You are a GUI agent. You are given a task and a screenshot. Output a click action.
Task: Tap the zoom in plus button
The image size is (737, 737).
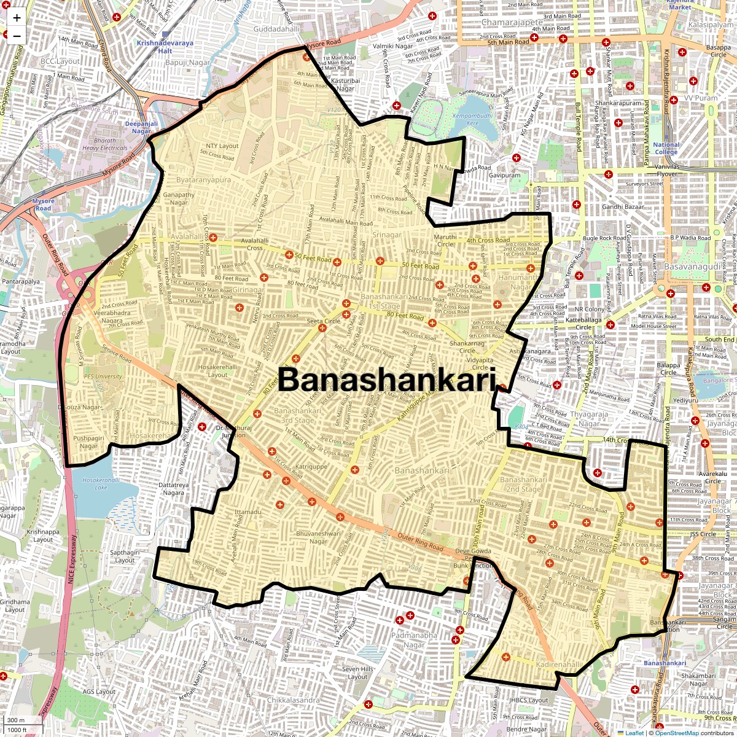17,18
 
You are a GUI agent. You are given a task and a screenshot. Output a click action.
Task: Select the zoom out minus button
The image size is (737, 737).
17,36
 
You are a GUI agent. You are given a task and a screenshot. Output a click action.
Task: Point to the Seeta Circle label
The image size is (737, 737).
324,321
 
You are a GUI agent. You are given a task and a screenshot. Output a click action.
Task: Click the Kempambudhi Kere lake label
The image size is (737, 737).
472,119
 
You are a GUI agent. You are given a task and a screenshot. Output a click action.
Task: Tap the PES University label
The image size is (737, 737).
103,376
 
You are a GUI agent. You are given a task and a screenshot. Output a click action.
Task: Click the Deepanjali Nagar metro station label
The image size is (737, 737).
141,127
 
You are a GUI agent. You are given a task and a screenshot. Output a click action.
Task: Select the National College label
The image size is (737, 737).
666,149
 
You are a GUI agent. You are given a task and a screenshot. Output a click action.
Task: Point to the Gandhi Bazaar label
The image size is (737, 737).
623,207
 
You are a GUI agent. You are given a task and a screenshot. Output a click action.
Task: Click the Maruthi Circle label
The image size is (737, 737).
445,240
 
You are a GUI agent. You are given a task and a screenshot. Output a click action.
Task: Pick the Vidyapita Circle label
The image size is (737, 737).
480,364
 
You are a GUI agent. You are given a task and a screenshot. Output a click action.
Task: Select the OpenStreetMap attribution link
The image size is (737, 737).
676,733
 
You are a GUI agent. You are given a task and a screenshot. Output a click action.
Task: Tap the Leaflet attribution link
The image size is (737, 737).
634,733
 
